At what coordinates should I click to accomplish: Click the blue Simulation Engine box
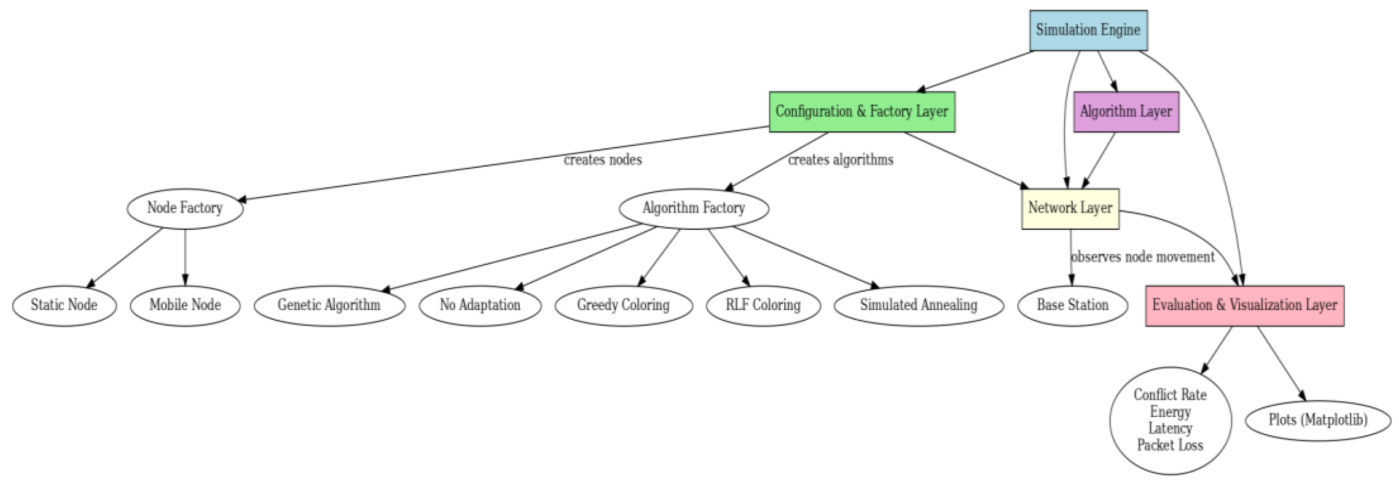(x=1088, y=30)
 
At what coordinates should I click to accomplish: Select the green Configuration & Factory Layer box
(x=861, y=112)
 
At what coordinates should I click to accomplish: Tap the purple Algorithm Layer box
(x=1126, y=112)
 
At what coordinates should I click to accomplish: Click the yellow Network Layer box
(x=1070, y=209)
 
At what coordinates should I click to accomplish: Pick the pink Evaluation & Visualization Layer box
(x=1244, y=306)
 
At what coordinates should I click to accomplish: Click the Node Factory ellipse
(x=185, y=209)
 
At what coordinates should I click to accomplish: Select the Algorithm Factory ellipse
(x=694, y=209)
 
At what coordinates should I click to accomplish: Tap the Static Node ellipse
(x=64, y=306)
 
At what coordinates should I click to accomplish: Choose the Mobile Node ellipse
(x=185, y=306)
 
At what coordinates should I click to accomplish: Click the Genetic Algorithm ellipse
(x=329, y=306)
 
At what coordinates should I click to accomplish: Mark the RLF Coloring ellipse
(x=763, y=306)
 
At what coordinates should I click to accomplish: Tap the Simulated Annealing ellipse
(x=918, y=306)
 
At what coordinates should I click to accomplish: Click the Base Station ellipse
(x=1072, y=306)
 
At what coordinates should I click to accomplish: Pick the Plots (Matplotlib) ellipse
(x=1318, y=421)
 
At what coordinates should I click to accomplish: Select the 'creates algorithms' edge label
(x=840, y=160)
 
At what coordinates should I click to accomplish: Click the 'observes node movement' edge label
(x=1142, y=257)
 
